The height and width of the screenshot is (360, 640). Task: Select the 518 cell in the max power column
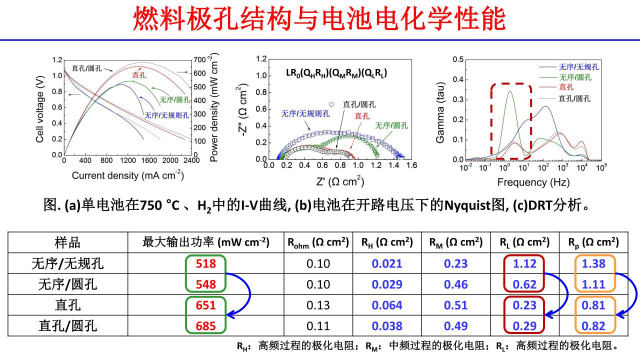(205, 263)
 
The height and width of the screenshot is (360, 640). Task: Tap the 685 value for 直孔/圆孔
(205, 326)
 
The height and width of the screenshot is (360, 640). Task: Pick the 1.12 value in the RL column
(524, 263)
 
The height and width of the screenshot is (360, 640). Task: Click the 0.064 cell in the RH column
(387, 305)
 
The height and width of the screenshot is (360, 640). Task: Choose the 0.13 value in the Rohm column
(318, 305)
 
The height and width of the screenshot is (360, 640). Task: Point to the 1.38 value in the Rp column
(594, 263)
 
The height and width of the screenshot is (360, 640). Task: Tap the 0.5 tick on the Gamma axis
(457, 59)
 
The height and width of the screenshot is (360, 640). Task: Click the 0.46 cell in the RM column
(455, 284)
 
